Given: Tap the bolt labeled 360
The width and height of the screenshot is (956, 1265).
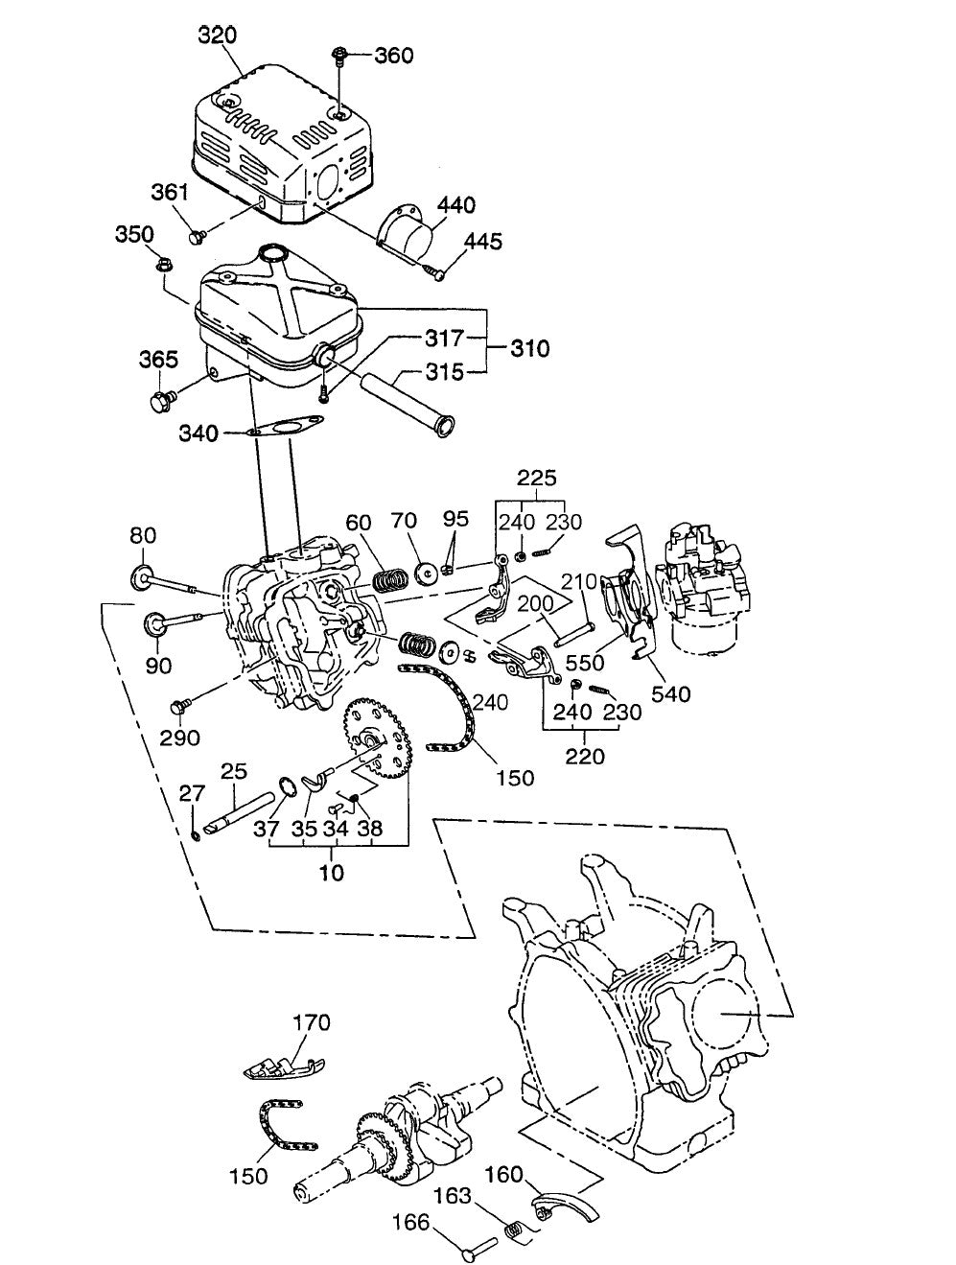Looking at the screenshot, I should [x=340, y=56].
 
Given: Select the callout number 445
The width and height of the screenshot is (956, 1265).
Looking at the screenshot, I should [x=484, y=241].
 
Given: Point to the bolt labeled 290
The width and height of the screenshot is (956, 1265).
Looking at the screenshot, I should [x=176, y=708].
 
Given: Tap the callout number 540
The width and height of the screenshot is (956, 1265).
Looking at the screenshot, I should [x=670, y=692].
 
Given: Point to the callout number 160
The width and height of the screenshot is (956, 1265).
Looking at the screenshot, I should [x=502, y=1174].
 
